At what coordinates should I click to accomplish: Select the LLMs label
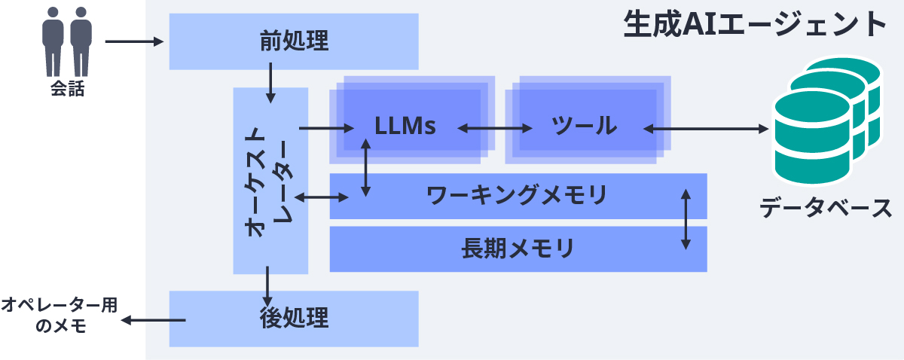[x=405, y=126]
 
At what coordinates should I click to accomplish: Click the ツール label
[x=582, y=126]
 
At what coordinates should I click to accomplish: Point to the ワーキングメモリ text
[x=517, y=196]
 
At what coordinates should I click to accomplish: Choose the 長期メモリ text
[x=517, y=248]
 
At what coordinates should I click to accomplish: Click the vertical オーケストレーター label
[x=270, y=181]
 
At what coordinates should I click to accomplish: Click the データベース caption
[x=825, y=207]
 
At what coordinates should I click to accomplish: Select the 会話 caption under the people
[x=67, y=90]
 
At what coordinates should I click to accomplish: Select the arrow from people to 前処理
[x=135, y=41]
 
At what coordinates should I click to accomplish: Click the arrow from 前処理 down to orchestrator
[x=270, y=84]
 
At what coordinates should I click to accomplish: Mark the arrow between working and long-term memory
[x=685, y=219]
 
